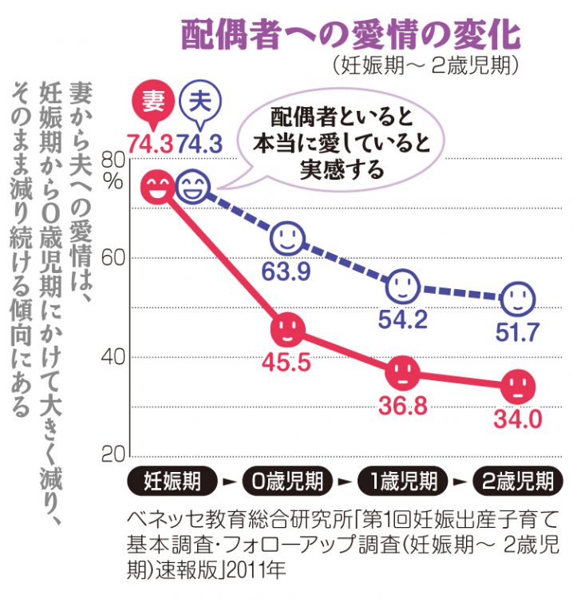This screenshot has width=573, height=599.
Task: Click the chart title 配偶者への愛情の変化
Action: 351,34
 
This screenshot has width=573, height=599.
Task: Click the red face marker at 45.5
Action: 288,327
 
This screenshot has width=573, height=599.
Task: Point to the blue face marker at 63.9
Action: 288,237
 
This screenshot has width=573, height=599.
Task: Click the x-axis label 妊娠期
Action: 172,482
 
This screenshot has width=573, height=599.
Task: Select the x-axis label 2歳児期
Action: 516,482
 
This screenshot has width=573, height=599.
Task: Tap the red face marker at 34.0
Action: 518,387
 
